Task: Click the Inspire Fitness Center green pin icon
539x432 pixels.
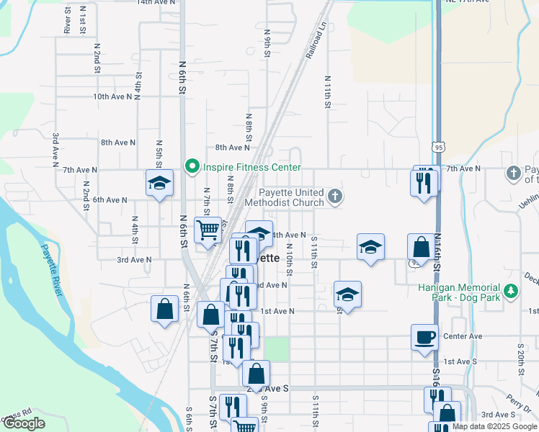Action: tap(192, 167)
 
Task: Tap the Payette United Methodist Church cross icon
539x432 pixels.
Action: tap(334, 196)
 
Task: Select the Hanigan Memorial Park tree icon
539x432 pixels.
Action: tap(512, 291)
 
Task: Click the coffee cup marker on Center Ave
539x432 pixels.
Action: tap(424, 336)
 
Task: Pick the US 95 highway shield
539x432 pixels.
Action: tap(440, 147)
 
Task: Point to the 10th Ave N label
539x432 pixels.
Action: tap(110, 96)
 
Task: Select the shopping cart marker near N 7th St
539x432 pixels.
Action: tap(208, 230)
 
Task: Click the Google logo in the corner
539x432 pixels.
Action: tap(24, 423)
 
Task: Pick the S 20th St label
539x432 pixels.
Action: tap(519, 357)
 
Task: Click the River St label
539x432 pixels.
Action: tap(66, 22)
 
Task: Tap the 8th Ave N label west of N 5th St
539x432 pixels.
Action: tap(117, 143)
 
